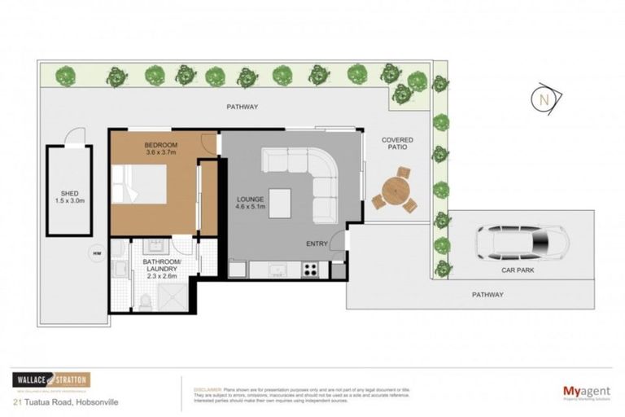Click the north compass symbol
point(543,99)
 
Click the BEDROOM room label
point(160,145)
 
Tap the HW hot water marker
point(97,254)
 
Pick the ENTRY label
point(317,244)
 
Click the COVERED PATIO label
point(397,145)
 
